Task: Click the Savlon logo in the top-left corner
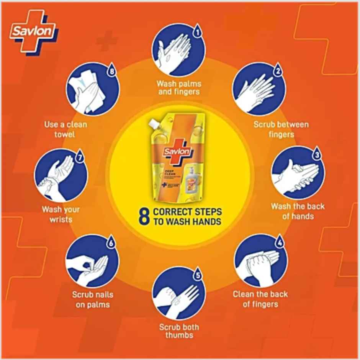33,31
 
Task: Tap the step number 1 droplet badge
197,31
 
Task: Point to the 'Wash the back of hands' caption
298,211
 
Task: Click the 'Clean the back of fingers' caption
260,299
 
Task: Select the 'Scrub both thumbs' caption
179,331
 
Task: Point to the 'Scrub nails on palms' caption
92,300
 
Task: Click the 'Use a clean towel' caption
65,129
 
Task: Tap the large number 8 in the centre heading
144,216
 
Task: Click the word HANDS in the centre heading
205,221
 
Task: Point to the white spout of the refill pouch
155,123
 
